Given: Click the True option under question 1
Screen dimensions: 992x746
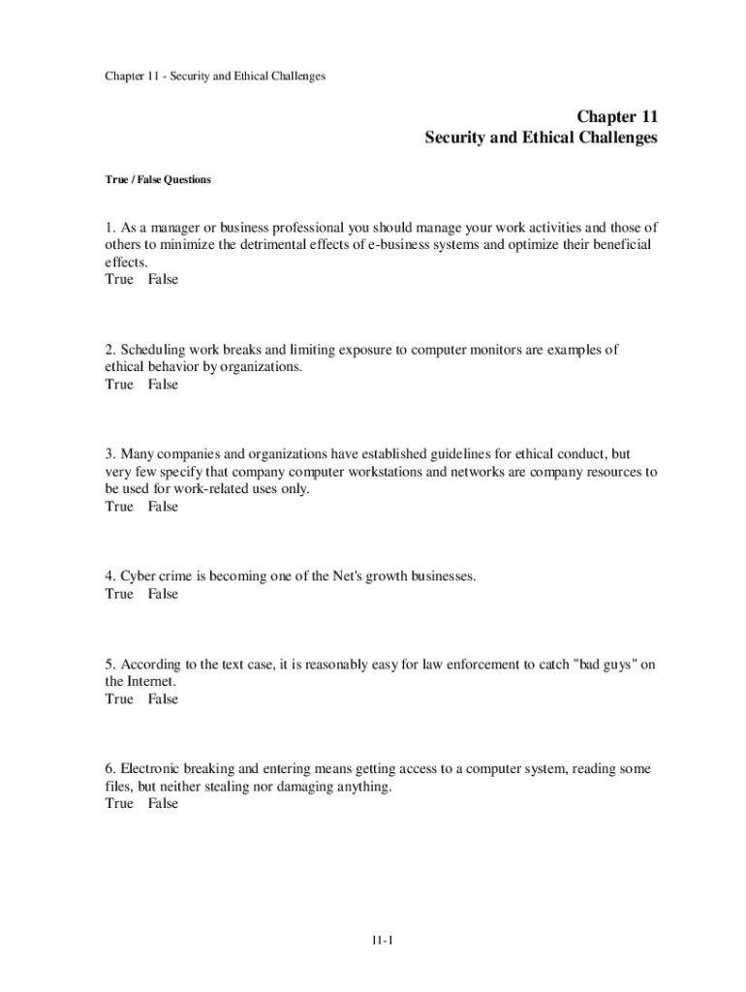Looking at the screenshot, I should pos(119,279).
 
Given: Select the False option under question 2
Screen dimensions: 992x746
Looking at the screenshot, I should pos(163,385).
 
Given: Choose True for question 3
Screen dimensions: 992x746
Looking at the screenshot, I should pos(119,507).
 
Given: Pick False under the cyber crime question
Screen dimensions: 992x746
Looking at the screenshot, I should pos(163,594).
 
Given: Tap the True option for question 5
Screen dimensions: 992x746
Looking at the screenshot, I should pos(119,698).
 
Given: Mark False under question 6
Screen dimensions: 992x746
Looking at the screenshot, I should pos(163,803).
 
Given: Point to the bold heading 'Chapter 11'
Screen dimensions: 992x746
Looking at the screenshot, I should pos(617,117).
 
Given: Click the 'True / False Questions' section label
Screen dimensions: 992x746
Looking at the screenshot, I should pos(158,179).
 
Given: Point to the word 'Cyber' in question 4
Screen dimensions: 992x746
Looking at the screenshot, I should pos(139,576).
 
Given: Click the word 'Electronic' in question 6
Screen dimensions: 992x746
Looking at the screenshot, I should pos(153,768).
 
